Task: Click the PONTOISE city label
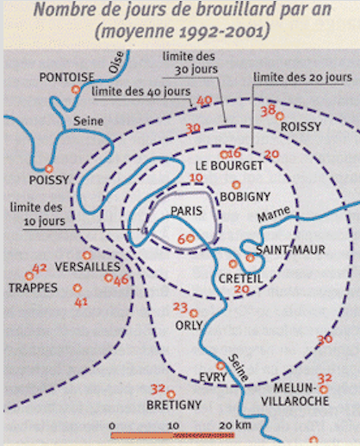coord(66,77)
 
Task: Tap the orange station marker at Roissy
coord(280,116)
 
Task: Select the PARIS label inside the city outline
coord(187,211)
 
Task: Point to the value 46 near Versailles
coord(121,280)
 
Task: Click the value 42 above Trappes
coord(40,268)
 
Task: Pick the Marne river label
coord(274,214)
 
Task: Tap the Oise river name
coord(116,62)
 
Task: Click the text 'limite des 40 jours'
coord(141,91)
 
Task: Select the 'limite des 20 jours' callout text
coord(302,77)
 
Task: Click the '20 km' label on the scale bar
coord(235,424)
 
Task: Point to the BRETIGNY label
coord(174,405)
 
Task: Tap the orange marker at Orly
coord(194,313)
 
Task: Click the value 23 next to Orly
coord(180,307)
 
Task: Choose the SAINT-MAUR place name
coord(290,250)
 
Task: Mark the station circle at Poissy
coord(49,169)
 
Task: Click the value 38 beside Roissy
coord(268,111)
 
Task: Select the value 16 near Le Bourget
coord(234,153)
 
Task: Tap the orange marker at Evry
coord(220,366)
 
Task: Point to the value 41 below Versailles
coord(81,302)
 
